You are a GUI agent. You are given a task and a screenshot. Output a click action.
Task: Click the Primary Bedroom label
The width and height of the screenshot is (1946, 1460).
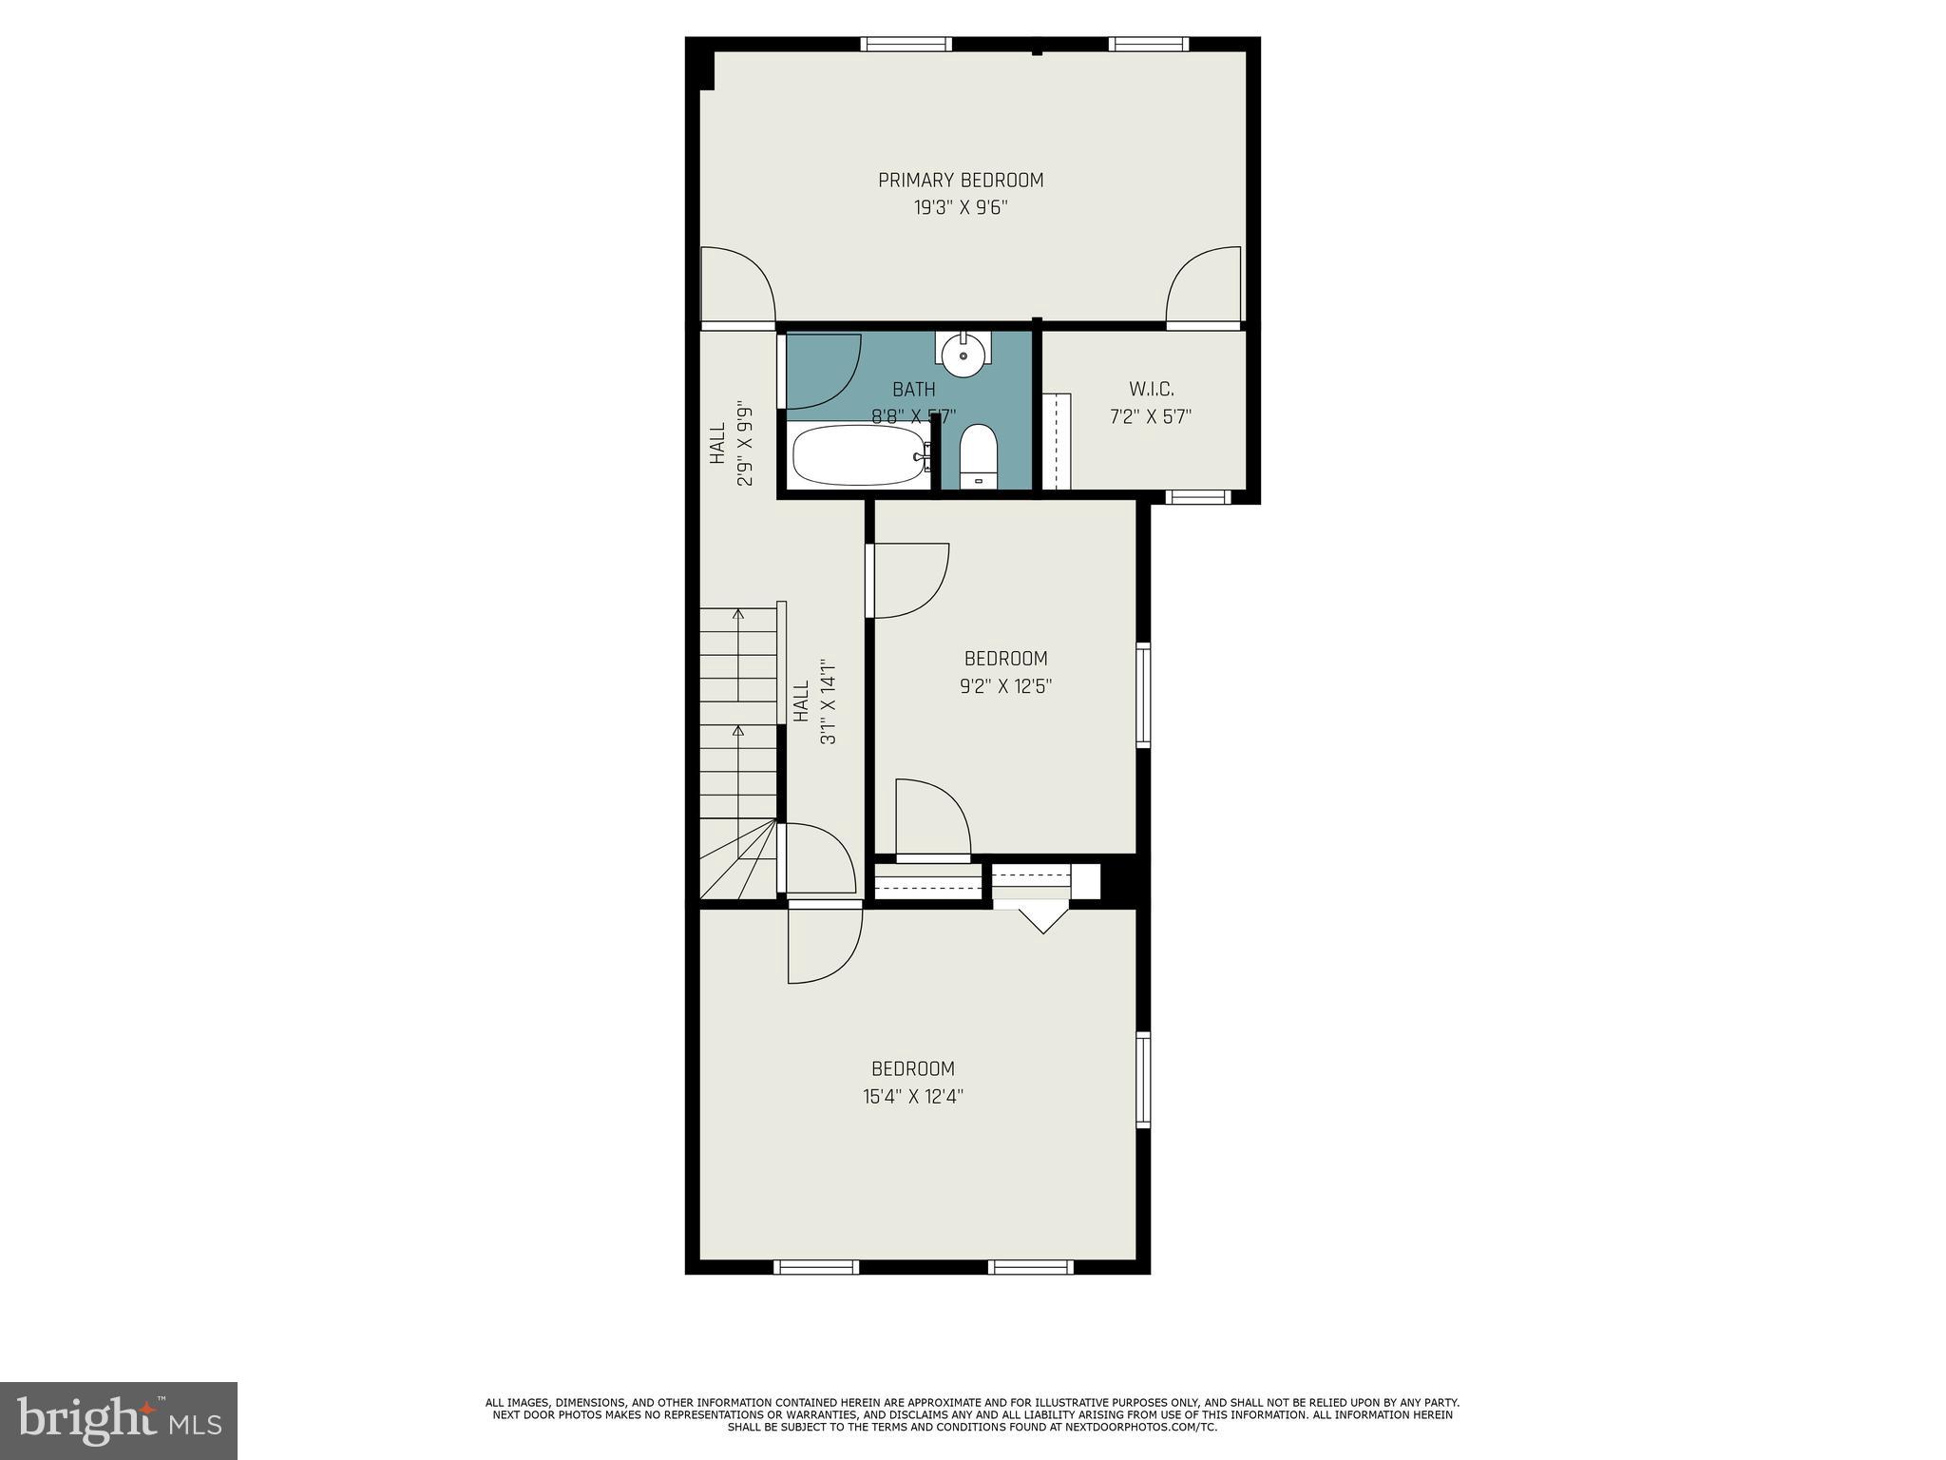coord(960,181)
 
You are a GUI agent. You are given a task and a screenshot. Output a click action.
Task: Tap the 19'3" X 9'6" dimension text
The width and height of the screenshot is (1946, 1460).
coord(960,208)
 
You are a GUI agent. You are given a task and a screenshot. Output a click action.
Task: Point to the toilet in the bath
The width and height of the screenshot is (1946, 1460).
coord(977,456)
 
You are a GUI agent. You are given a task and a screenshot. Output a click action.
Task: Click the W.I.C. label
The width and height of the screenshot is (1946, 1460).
coord(1151,390)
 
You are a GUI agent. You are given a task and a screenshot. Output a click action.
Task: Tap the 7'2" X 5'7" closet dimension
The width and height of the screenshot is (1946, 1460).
coord(1151,416)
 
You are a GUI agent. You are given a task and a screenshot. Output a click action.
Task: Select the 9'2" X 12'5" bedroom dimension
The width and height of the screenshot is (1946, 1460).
coord(1005,686)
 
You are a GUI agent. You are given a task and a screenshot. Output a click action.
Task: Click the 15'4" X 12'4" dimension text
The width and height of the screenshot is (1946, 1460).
coord(912,1097)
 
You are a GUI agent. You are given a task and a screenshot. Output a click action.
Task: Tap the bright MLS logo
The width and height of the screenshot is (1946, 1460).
coord(119,1420)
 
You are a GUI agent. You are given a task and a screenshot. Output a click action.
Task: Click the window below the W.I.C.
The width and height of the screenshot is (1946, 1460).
coord(1197,496)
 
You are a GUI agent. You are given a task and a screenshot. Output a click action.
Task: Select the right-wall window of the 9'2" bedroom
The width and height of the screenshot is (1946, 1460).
coord(1143,695)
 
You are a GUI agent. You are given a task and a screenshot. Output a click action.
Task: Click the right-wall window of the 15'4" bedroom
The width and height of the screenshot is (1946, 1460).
coord(1143,1080)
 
